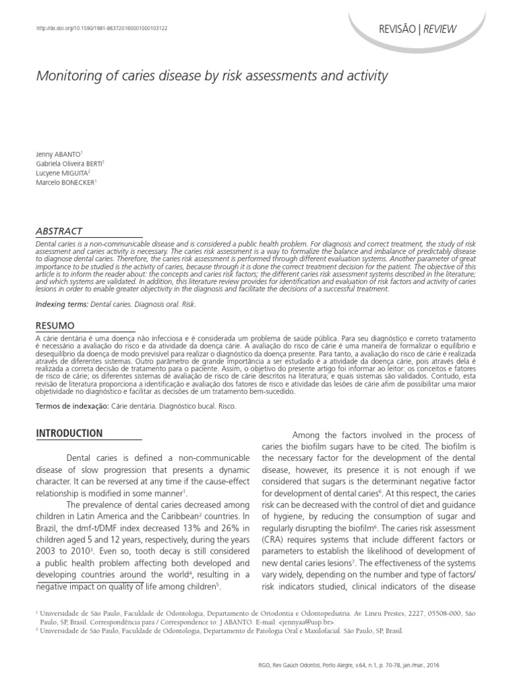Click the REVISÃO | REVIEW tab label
click(418, 29)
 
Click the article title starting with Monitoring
click(212, 76)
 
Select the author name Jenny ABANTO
click(60, 154)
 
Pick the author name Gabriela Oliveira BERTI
click(69, 163)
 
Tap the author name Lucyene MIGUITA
click(63, 172)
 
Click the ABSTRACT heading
click(59, 230)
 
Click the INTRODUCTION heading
click(69, 434)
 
